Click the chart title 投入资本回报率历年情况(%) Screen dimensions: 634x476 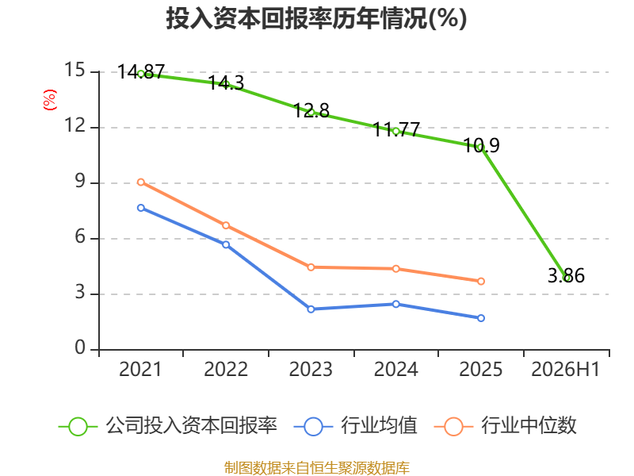(316, 18)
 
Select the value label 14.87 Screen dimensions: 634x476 (141, 72)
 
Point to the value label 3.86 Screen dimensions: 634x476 (566, 275)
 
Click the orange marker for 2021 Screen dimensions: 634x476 (141, 182)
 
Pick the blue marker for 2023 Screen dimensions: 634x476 (311, 309)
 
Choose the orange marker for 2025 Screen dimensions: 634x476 (481, 282)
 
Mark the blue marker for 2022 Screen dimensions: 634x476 (226, 245)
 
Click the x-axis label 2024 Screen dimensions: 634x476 (395, 370)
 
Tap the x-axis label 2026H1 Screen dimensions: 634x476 (565, 370)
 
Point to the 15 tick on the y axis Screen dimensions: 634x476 (74, 70)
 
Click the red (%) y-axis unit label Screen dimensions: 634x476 (50, 100)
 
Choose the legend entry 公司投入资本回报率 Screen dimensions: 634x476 (168, 426)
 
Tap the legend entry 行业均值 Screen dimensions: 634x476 (355, 426)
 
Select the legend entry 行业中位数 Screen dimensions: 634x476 (506, 426)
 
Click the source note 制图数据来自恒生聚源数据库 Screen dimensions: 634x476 (317, 468)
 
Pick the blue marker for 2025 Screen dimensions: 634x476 (481, 318)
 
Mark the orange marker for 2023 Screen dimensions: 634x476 (311, 267)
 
